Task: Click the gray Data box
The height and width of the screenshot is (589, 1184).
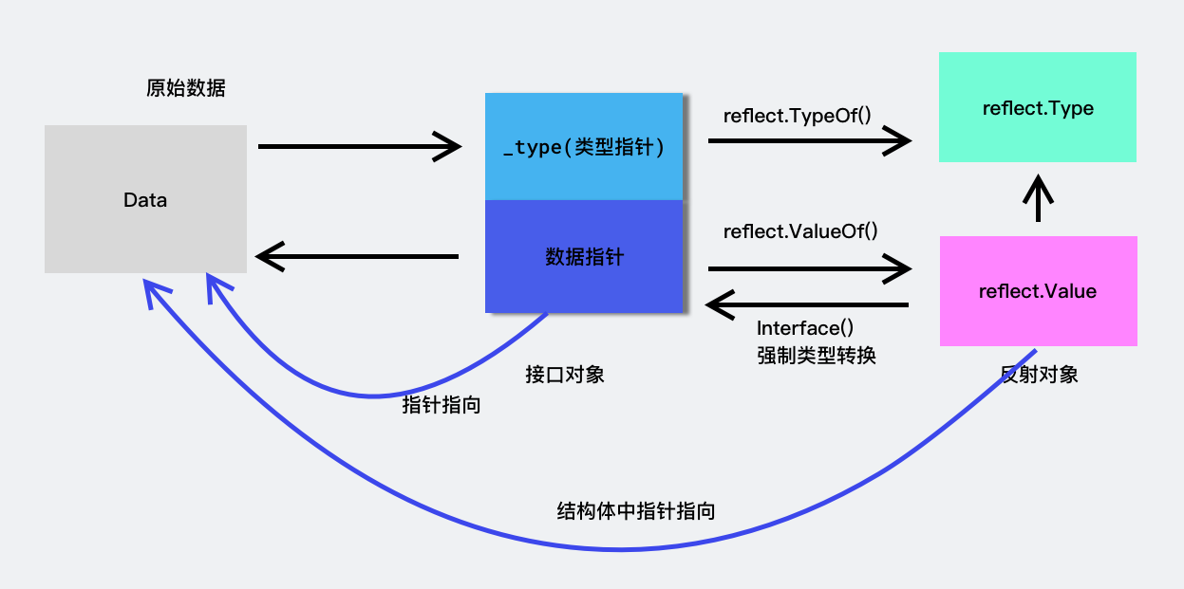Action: point(145,199)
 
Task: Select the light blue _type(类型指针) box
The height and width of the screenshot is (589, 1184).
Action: point(584,147)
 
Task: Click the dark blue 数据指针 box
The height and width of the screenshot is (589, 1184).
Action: point(584,256)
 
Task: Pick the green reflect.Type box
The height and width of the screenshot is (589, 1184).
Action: point(1038,108)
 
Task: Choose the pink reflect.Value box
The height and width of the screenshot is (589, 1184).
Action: point(1038,291)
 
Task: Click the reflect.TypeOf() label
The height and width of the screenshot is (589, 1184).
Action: point(798,117)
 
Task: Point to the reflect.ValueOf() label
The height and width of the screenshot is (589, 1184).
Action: point(800,231)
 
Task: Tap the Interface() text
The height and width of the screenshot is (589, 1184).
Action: point(805,328)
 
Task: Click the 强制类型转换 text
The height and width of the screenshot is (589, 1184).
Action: point(816,356)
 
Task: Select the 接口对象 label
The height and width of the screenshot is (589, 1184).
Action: point(565,375)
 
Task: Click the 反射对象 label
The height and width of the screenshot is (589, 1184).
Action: point(1040,375)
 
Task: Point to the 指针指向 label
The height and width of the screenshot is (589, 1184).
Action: point(442,405)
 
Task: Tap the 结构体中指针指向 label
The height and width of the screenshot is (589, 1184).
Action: point(635,511)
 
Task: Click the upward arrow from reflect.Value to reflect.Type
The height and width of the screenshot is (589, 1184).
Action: point(1038,198)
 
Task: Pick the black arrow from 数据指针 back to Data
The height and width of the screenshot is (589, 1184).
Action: point(357,256)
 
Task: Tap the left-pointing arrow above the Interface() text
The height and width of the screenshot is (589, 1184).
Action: point(807,304)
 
